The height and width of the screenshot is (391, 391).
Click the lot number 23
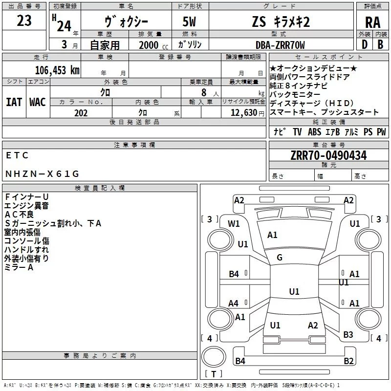(24, 21)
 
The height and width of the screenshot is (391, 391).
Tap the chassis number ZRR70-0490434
(328, 155)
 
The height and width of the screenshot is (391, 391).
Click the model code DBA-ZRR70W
(280, 45)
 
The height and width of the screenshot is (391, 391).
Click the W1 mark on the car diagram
(234, 224)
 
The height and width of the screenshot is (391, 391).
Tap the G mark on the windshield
(280, 258)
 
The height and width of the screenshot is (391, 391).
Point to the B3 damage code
(348, 335)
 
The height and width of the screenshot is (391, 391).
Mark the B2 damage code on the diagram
(348, 361)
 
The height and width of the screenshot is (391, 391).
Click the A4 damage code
(234, 303)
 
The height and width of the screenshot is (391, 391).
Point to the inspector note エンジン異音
(26, 206)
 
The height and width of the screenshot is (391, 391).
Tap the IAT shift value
(14, 102)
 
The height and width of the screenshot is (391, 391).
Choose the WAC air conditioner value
(38, 102)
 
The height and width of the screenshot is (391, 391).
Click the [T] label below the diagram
(213, 374)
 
